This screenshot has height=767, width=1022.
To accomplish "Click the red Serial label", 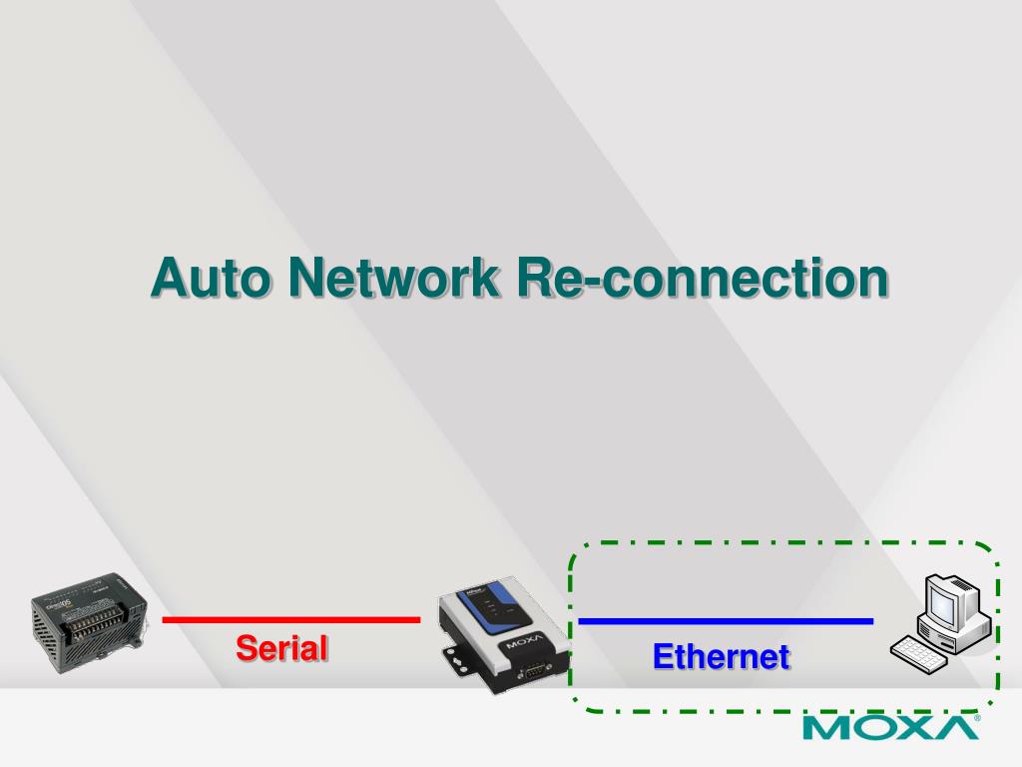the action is click(282, 648).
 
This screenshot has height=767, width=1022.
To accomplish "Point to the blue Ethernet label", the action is click(721, 657).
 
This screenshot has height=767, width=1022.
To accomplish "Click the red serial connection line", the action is click(290, 619).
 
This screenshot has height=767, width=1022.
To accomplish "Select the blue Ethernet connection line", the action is click(726, 621).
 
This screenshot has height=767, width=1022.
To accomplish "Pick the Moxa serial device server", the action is click(504, 631).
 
